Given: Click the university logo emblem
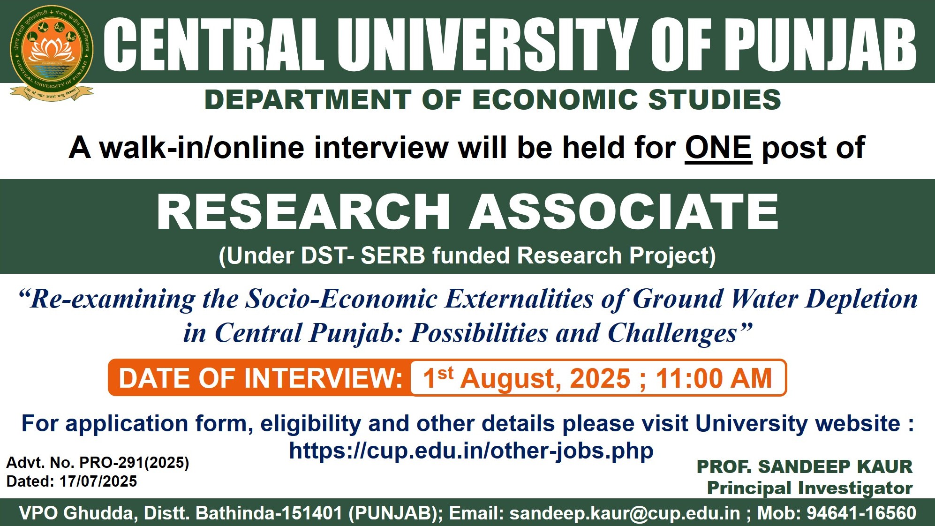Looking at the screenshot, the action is click(x=52, y=53).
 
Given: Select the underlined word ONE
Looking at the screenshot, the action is click(x=718, y=148).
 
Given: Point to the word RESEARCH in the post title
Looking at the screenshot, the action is click(x=303, y=212).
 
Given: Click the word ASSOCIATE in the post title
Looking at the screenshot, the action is click(x=624, y=212).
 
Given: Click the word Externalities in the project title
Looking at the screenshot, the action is click(x=519, y=299).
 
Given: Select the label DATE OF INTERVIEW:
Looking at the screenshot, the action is click(x=260, y=378).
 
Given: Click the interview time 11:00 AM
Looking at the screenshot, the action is click(x=714, y=378).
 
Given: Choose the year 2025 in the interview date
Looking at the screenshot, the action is click(x=600, y=378).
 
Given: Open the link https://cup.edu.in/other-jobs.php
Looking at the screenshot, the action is click(x=471, y=451).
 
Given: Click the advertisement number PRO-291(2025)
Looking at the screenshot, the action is click(x=134, y=463).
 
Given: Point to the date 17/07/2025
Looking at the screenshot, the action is click(x=98, y=481).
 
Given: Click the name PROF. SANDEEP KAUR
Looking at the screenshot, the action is click(x=805, y=466).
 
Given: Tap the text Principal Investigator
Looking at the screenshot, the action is click(x=810, y=488).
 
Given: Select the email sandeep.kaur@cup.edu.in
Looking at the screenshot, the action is click(x=625, y=513).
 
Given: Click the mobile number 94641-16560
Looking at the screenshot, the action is click(x=861, y=513).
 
